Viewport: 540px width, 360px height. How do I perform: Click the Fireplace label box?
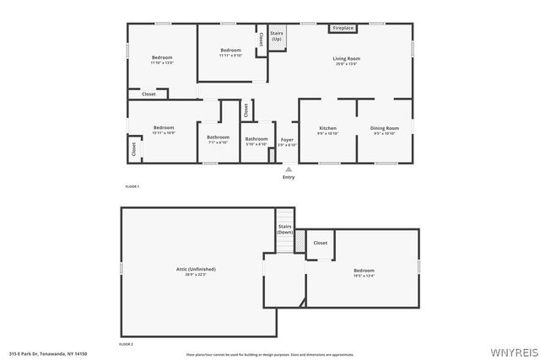click(x=343, y=28)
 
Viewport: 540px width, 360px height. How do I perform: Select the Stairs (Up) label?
click(x=277, y=37)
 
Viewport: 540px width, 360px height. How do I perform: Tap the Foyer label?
click(x=287, y=141)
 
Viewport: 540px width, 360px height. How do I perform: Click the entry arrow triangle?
click(x=289, y=169)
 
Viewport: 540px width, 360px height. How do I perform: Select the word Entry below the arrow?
click(x=289, y=177)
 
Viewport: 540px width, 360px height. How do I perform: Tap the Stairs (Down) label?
click(x=285, y=228)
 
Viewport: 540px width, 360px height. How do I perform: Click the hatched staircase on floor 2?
click(x=298, y=242)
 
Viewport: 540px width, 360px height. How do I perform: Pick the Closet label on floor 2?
click(x=321, y=243)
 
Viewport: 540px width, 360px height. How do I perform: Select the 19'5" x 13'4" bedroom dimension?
click(x=364, y=275)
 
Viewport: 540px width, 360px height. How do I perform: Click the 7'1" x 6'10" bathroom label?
click(x=219, y=142)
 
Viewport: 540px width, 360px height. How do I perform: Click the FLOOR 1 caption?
click(x=132, y=185)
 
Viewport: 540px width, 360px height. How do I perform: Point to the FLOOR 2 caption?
click(x=126, y=344)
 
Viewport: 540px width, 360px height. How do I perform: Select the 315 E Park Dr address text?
click(x=47, y=354)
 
